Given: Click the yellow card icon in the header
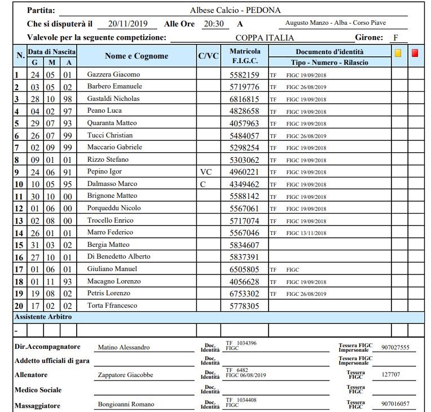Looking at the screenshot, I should (x=398, y=54).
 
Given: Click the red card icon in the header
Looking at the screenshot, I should (x=415, y=54).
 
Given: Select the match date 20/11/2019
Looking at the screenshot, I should (x=127, y=24).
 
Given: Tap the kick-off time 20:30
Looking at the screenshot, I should (x=214, y=24).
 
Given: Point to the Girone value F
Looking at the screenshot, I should (x=397, y=38).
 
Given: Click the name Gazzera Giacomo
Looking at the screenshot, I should (x=113, y=74).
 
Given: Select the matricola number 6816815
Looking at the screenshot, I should (x=244, y=99).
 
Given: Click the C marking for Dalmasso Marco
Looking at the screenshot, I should (x=204, y=184).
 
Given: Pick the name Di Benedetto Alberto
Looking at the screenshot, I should (x=118, y=256).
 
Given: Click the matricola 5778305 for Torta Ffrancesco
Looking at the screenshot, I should (x=244, y=306).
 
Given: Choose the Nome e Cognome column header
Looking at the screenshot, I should (x=137, y=56).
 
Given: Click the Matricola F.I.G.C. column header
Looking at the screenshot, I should (x=245, y=56).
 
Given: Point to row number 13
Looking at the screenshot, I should (x=19, y=221).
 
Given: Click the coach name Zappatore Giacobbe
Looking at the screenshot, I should (x=125, y=375).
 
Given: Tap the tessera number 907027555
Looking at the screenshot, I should (x=395, y=348).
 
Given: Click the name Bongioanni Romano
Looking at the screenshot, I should (x=126, y=405).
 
